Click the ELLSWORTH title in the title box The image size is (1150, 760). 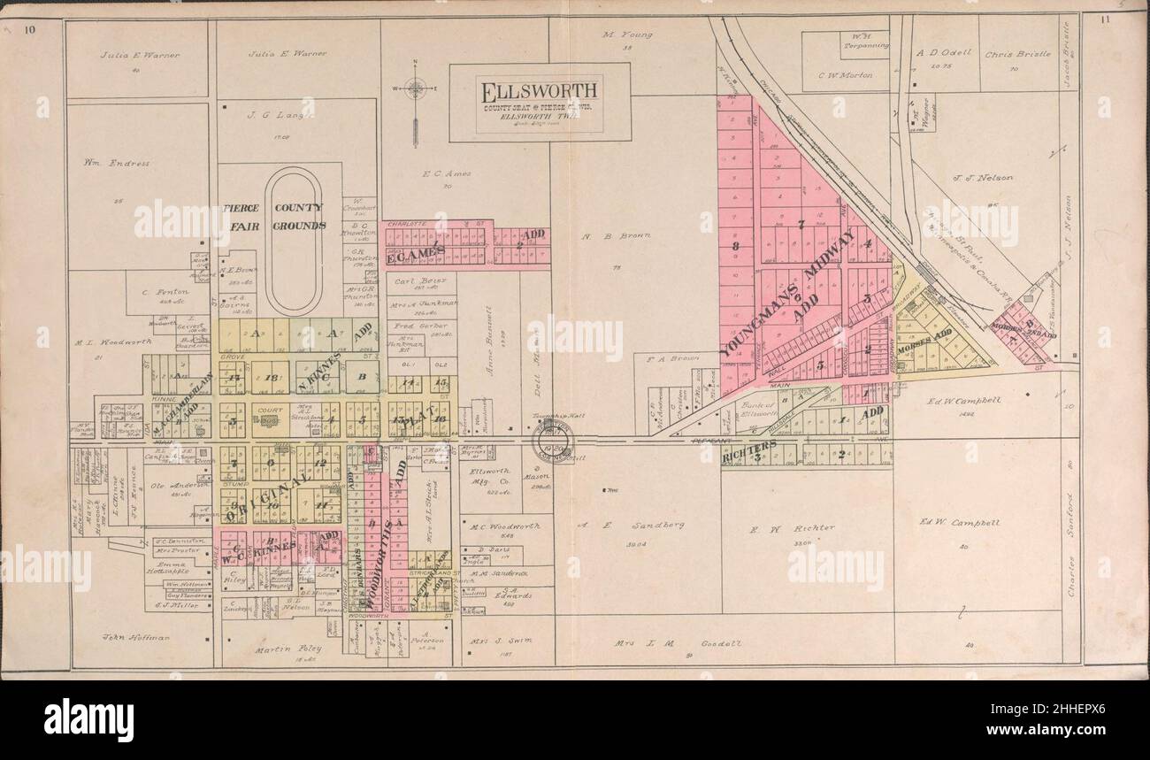click(x=540, y=90)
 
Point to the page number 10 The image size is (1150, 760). click(x=31, y=31)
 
